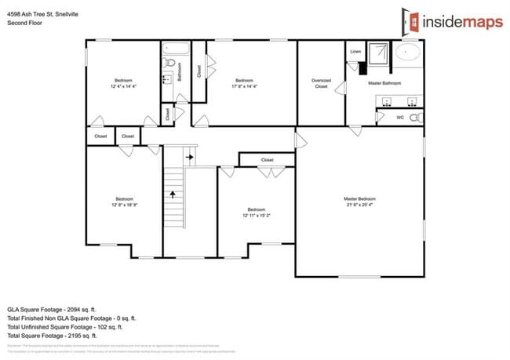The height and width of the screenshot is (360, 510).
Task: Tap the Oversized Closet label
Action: (321, 82)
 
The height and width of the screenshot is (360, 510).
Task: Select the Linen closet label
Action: (355, 52)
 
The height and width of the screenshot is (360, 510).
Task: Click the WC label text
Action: (400, 118)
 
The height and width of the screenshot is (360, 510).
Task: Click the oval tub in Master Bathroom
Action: (407, 53)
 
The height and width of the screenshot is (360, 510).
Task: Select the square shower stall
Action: (379, 53)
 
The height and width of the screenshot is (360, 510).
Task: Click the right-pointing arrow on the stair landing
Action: (189, 157)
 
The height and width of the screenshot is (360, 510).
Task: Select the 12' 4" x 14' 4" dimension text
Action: (124, 86)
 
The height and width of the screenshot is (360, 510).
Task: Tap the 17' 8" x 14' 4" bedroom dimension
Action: (245, 86)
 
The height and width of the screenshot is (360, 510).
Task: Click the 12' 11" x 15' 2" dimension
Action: (257, 215)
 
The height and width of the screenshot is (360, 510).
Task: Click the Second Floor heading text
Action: (24, 23)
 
